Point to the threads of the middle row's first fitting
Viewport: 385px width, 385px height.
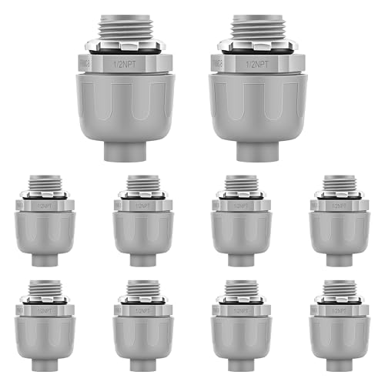(45, 185)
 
